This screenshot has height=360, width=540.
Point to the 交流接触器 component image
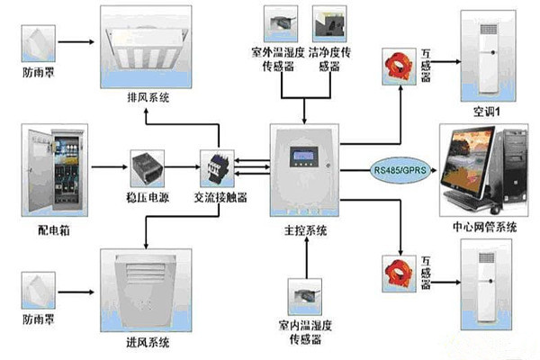coord(216,166)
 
